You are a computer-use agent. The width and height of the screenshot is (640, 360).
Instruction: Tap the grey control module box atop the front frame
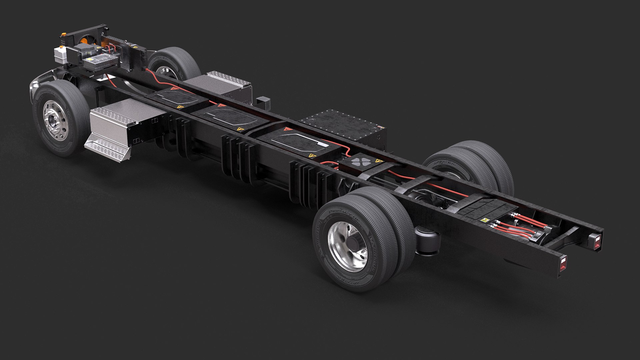point(100,62)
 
